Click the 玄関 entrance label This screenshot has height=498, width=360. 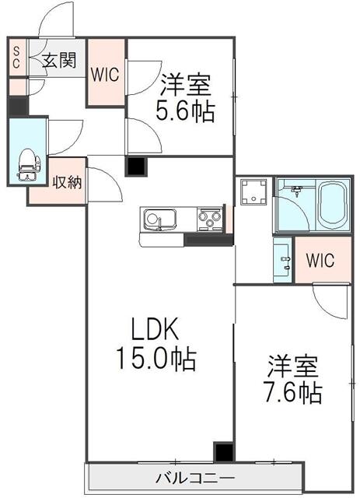point(60,60)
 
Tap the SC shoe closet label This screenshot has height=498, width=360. point(16,57)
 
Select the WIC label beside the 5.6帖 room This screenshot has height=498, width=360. point(105,75)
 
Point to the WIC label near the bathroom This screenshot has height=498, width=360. point(320,260)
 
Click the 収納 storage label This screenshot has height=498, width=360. point(67,182)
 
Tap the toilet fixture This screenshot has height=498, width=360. point(29,164)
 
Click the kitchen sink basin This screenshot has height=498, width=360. point(159,219)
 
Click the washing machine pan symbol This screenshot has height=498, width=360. point(253,192)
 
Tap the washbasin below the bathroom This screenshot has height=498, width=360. point(282,260)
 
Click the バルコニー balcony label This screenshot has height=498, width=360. point(196,478)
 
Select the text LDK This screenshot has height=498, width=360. point(156,329)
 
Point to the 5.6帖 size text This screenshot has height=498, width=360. point(185,111)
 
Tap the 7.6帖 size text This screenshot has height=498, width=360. point(293,392)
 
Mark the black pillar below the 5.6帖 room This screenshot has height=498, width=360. point(136,166)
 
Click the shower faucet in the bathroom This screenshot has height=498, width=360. point(297,191)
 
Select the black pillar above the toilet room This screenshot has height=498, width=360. point(18,106)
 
